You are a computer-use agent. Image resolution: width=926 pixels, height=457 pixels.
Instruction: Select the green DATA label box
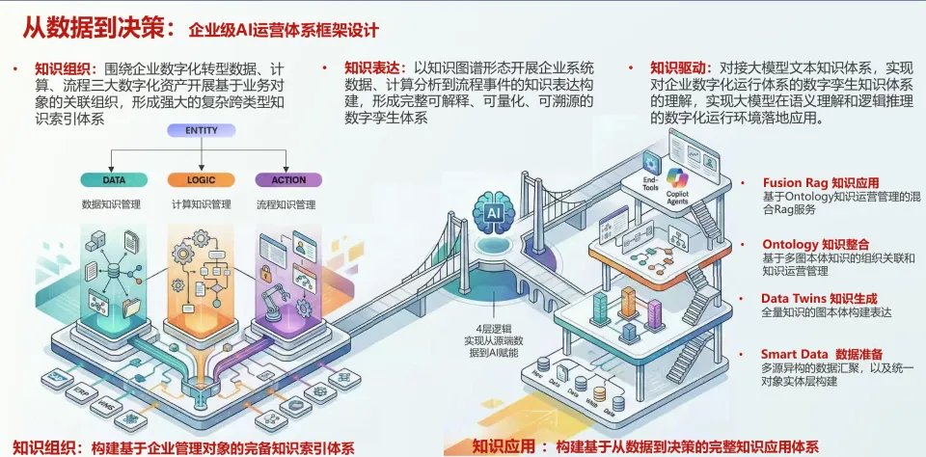click(115, 179)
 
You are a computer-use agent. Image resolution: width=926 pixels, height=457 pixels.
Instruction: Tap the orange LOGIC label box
click(192, 179)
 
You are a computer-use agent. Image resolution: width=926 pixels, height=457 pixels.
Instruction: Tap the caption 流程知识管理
click(286, 204)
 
